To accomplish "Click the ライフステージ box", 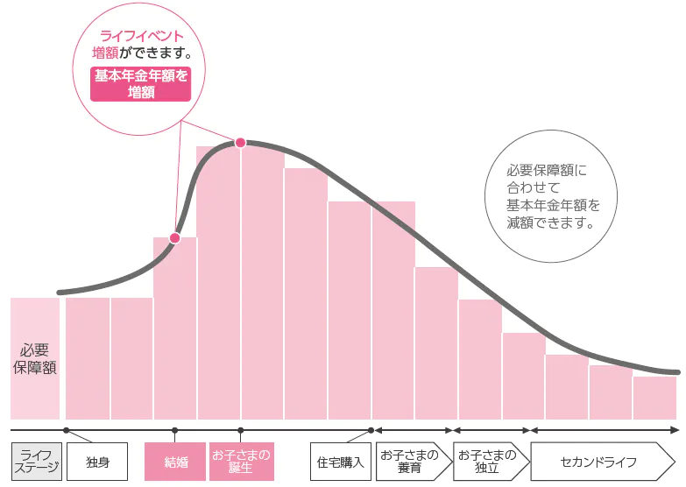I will click(x=37, y=462).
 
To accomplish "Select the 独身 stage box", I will click(x=97, y=462).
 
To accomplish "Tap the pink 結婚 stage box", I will click(x=175, y=462).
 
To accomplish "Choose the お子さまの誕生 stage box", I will click(x=241, y=462).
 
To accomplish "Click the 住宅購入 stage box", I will click(x=342, y=462).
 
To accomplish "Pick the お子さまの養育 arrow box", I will click(x=410, y=462).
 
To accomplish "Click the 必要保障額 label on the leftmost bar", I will click(x=35, y=359).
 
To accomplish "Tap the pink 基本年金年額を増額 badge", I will click(x=140, y=84).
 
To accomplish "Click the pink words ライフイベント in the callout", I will click(x=142, y=37).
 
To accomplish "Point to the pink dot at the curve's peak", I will click(x=240, y=143).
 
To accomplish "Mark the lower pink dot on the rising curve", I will click(x=174, y=237).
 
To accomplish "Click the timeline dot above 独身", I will click(x=66, y=430).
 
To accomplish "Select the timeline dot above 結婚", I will click(x=175, y=430).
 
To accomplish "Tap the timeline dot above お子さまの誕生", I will click(x=241, y=430).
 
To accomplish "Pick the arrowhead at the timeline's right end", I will click(x=675, y=430).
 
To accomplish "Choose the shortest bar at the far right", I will click(x=654, y=398).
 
